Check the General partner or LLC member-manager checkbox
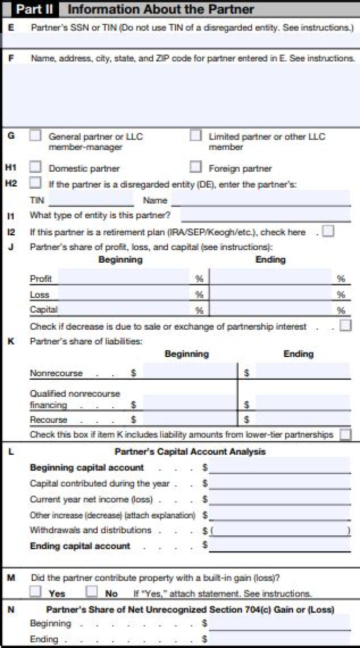tap(35, 136)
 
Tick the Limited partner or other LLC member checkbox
tap(195, 136)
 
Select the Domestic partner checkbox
tap(35, 167)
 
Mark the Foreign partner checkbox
tap(195, 167)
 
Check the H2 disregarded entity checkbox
tap(35, 183)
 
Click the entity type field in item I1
tap(265, 215)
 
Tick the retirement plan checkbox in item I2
tap(328, 232)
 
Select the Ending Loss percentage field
tap(270, 293)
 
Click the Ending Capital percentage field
tap(270, 309)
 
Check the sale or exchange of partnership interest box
tap(345, 326)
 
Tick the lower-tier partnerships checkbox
tap(345, 434)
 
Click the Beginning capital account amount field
tap(279, 467)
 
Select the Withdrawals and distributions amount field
tap(279, 530)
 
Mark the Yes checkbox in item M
tap(35, 592)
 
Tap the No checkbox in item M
tap(91, 592)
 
